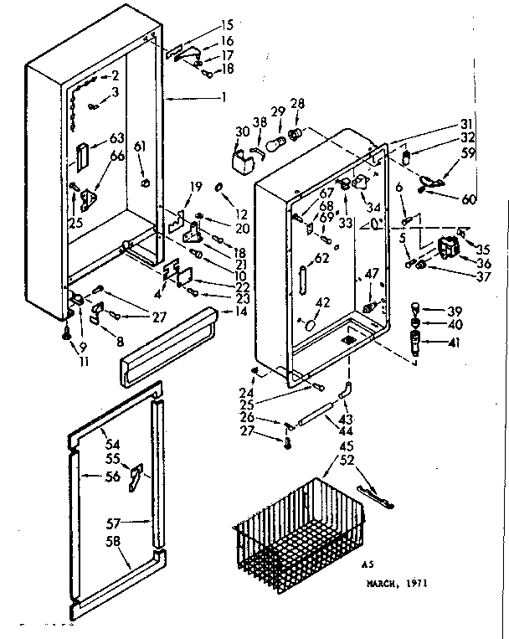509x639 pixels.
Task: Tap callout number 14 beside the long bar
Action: (242, 312)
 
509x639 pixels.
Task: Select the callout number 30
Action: (242, 131)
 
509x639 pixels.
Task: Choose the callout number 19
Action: (196, 186)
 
